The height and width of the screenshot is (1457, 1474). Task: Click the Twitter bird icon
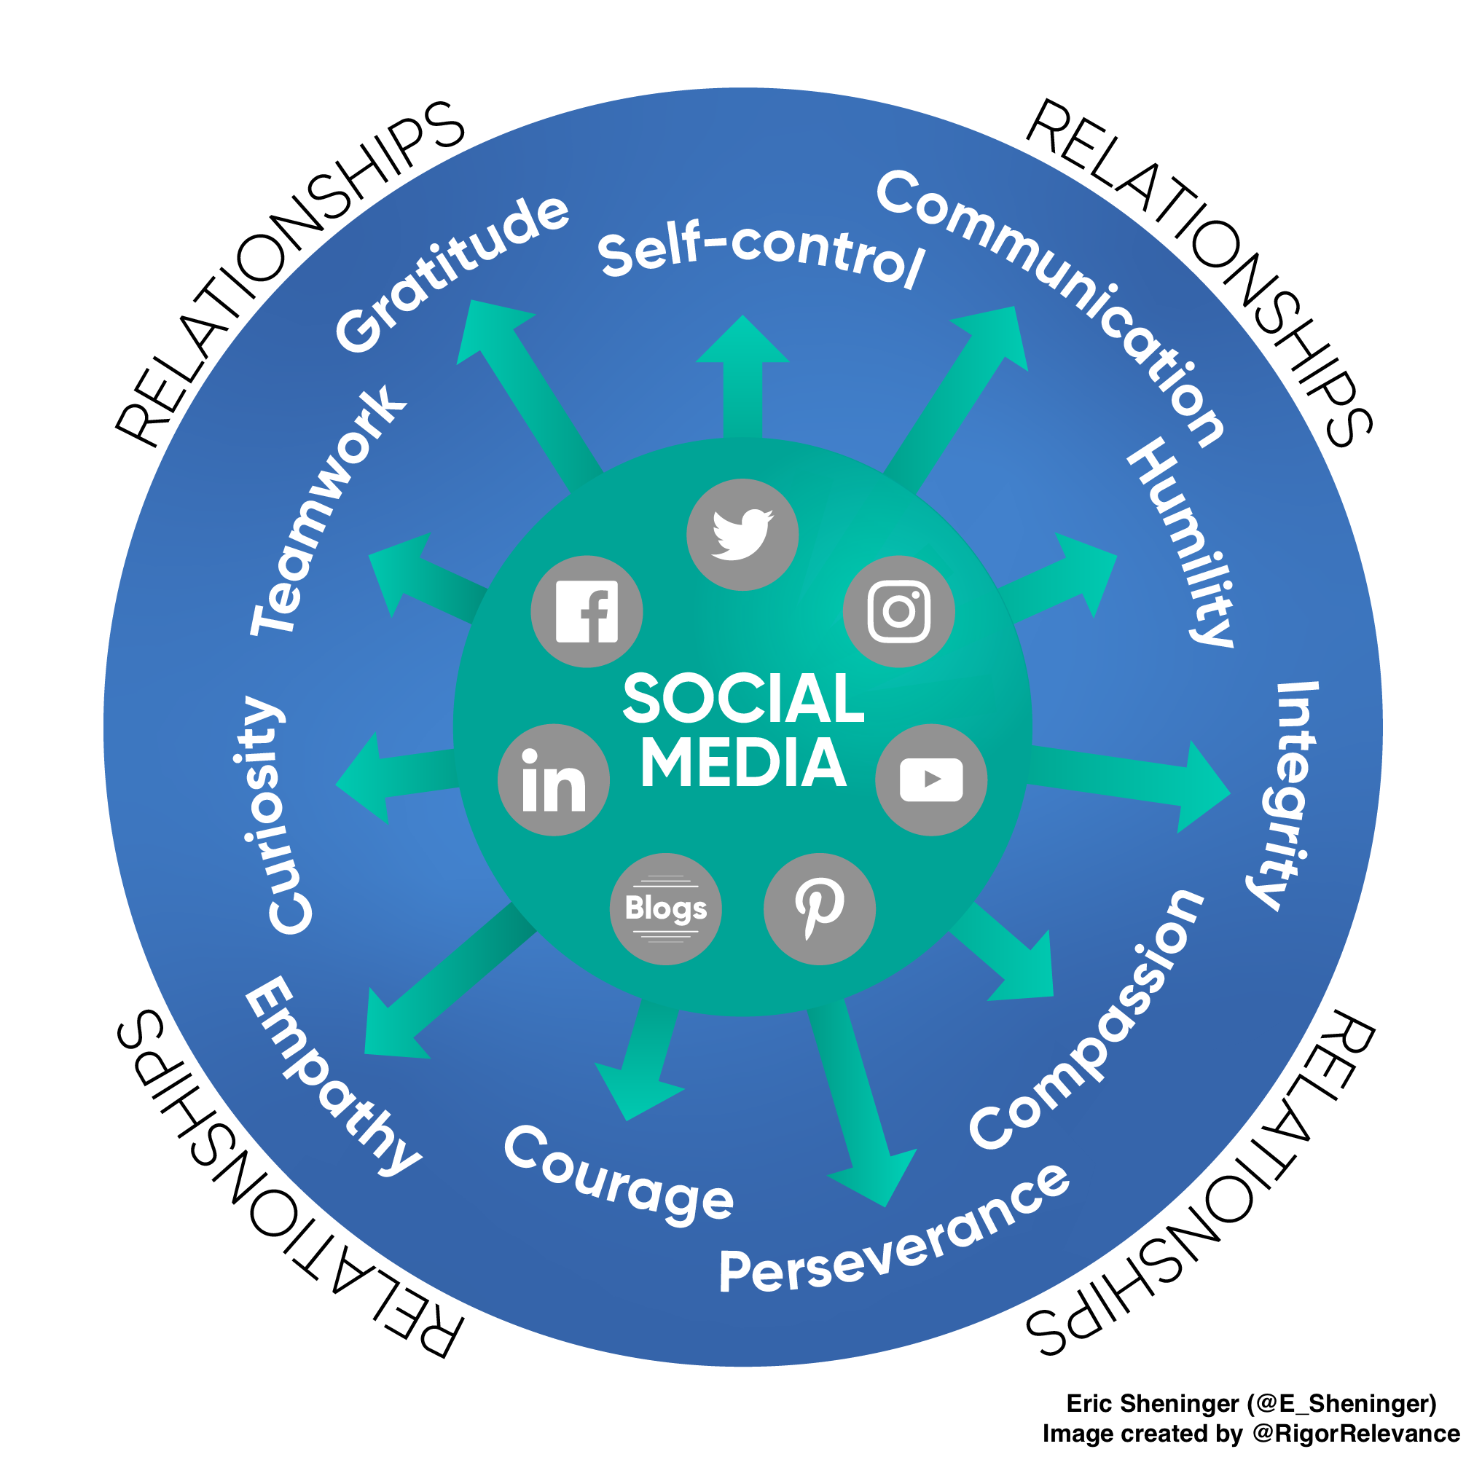[x=742, y=534]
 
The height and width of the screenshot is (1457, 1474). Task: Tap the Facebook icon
[x=587, y=612]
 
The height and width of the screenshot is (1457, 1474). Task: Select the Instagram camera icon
[x=898, y=611]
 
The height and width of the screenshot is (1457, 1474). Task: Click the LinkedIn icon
[x=554, y=779]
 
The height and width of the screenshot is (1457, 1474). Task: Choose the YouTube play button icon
[x=930, y=779]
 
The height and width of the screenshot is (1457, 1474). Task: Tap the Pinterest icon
[x=819, y=908]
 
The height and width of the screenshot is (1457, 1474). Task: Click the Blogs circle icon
[x=665, y=908]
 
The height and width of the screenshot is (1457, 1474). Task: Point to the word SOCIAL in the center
[x=743, y=698]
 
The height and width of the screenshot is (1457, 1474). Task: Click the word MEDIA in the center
[x=743, y=763]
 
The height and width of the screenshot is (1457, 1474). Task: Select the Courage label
[x=618, y=1176]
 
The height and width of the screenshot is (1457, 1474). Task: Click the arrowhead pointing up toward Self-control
[x=742, y=342]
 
